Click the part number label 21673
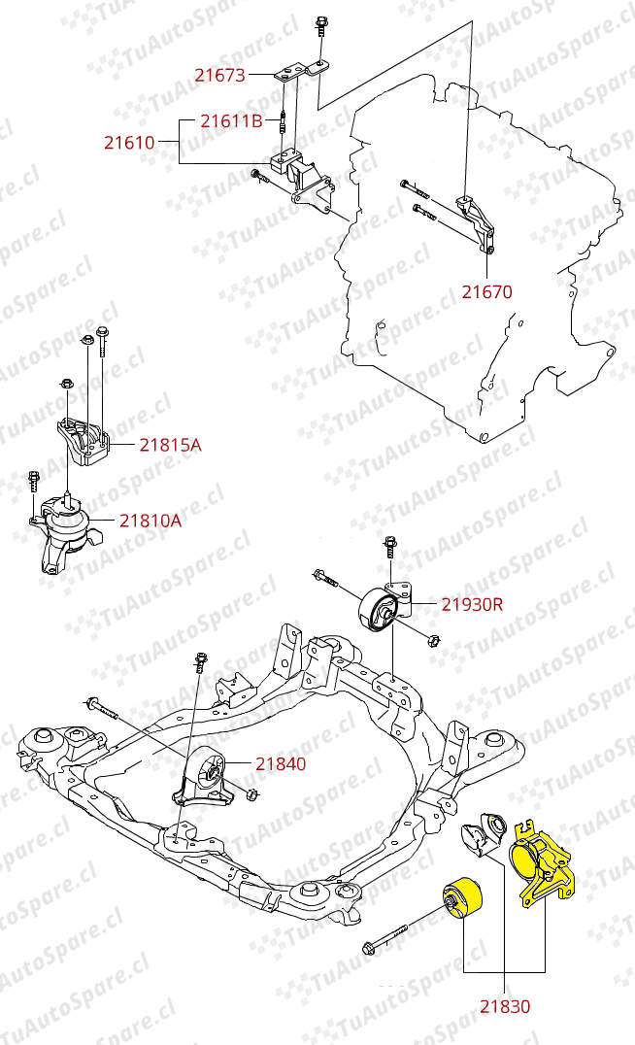[x=219, y=74]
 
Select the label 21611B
[x=231, y=121]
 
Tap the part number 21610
[x=129, y=143]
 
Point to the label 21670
[x=486, y=290]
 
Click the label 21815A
[x=170, y=445]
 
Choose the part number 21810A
[x=150, y=521]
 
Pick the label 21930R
[x=472, y=604]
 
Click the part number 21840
[x=281, y=764]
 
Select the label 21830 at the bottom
[x=506, y=1006]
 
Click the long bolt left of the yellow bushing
[x=397, y=933]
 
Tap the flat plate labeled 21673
[x=297, y=72]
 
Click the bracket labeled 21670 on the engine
[x=479, y=222]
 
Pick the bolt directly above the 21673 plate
[x=319, y=29]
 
